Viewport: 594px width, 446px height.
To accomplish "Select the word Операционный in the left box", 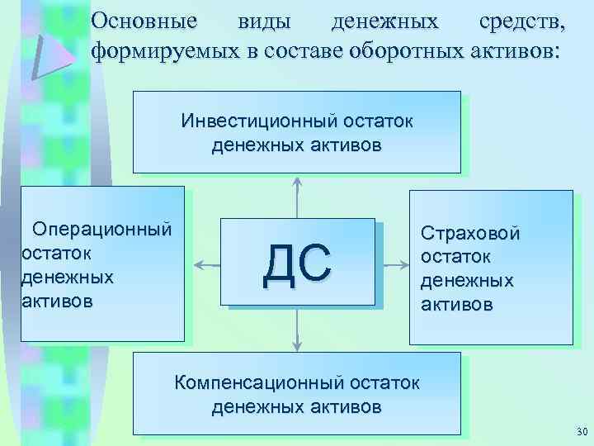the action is coord(101,228).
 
